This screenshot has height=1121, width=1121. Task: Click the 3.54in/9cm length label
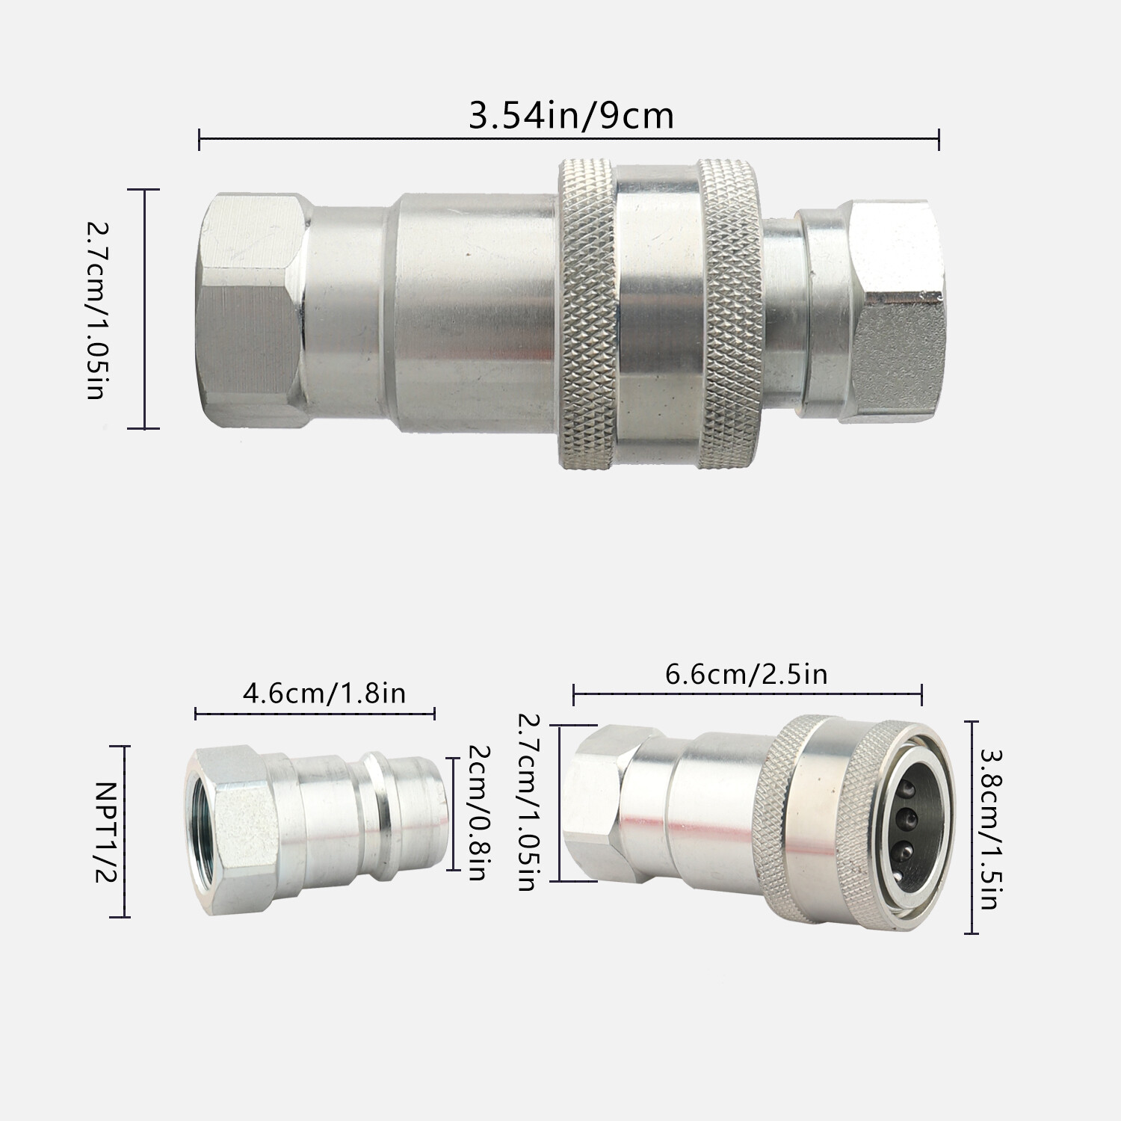(571, 116)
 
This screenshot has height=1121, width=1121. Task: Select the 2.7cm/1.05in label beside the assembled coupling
(96, 309)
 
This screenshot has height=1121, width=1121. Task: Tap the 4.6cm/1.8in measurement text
(324, 693)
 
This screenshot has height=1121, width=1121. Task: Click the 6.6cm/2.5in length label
(746, 674)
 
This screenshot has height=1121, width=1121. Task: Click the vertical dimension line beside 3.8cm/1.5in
(971, 827)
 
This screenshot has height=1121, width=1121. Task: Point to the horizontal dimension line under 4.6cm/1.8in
(315, 714)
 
